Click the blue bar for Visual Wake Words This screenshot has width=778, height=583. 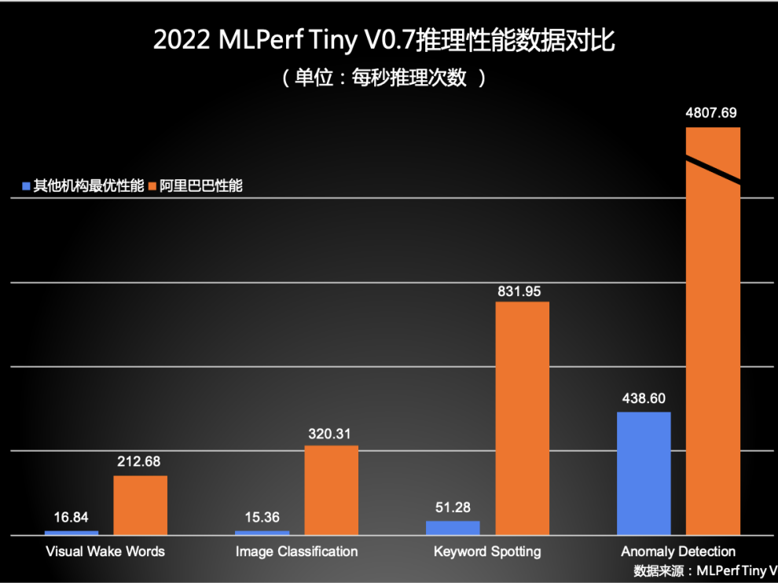[x=72, y=532]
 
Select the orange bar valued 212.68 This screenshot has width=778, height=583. [x=140, y=504]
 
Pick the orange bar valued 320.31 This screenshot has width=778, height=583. [x=331, y=489]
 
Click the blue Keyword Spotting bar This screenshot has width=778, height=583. [x=453, y=527]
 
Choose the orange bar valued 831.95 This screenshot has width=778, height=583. [x=522, y=417]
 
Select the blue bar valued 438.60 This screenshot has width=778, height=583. [x=644, y=472]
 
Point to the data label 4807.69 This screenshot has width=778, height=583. [x=711, y=112]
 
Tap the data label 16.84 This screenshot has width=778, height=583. [x=71, y=517]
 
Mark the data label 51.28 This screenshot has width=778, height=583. [x=453, y=508]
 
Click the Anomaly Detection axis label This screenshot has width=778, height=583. [x=678, y=552]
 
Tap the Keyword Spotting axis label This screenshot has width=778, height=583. [x=487, y=552]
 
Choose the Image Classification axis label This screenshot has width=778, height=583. [x=296, y=552]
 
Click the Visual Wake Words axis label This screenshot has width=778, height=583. [x=105, y=552]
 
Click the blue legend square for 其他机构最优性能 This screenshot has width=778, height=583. [x=26, y=186]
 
